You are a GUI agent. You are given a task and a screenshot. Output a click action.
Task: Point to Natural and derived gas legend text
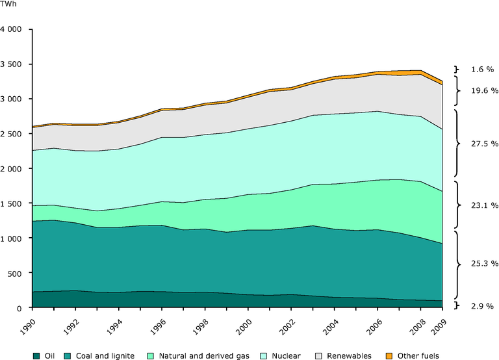point(212,355)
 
